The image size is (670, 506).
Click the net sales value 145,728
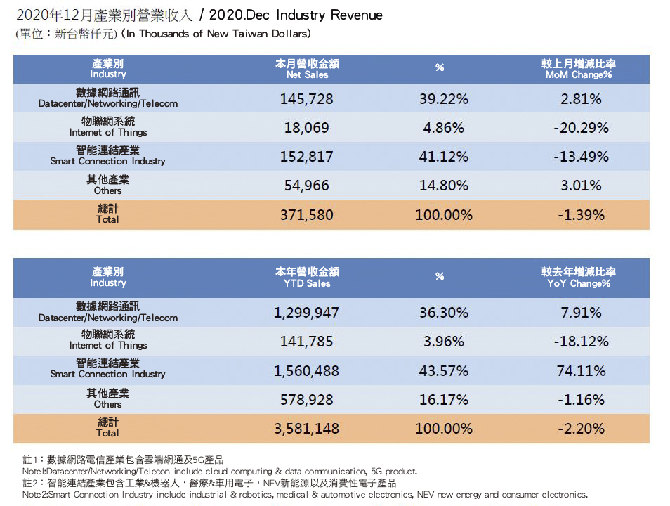point(307,99)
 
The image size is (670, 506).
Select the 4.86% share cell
point(442,128)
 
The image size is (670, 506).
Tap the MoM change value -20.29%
point(581,128)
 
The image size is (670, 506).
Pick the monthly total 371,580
point(307,215)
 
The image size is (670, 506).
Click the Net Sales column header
point(307,69)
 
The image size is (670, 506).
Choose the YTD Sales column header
point(307,278)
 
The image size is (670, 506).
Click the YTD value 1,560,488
point(307,370)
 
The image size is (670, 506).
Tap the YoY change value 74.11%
point(581,370)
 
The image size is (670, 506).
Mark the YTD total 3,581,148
point(307,428)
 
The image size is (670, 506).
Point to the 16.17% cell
point(442,400)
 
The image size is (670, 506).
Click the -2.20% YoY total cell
point(581,428)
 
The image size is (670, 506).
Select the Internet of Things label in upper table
point(108,127)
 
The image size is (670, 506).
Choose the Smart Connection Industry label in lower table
point(108,369)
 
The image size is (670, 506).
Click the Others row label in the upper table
point(108,186)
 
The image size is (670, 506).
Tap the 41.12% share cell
point(442,157)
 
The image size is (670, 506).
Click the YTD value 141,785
point(307,342)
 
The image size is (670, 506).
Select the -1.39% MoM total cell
point(581,215)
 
